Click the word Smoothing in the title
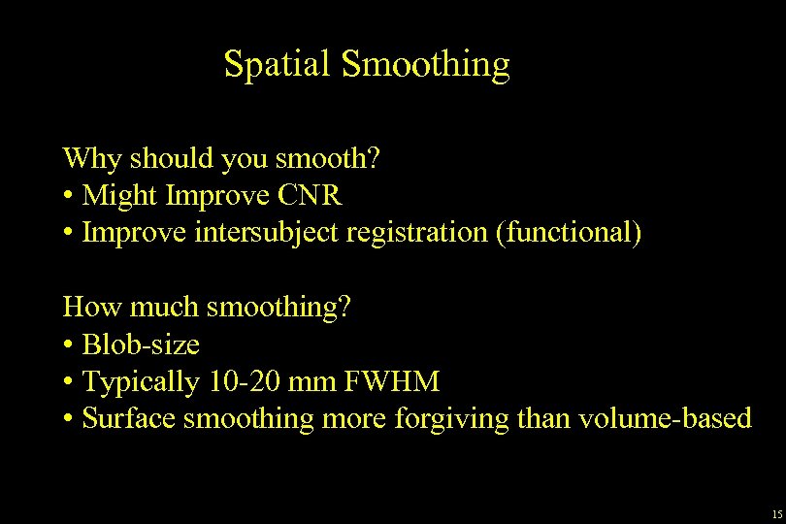tap(426, 64)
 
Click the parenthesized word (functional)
tap(569, 233)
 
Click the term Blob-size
tap(142, 345)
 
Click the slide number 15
tap(774, 513)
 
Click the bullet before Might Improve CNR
tap(69, 196)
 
